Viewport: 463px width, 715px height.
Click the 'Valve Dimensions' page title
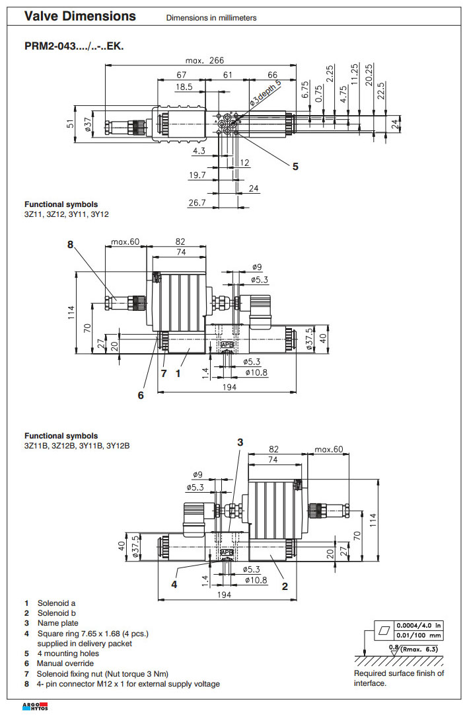click(x=80, y=17)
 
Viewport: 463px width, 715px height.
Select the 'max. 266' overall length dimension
click(x=205, y=60)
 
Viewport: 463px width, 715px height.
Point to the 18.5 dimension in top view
click(x=184, y=87)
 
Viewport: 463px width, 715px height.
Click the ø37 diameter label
click(x=89, y=123)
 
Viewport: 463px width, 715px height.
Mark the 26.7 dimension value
click(x=197, y=203)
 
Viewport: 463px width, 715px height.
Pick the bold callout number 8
click(x=71, y=244)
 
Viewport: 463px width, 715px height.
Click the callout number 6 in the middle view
click(x=141, y=396)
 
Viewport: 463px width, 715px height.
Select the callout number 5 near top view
click(x=295, y=166)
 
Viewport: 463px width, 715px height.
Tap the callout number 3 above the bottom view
click(x=240, y=442)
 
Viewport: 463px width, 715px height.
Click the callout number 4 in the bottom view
click(x=174, y=584)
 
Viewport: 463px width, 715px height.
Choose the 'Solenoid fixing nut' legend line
click(x=106, y=673)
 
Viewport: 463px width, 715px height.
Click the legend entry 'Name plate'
click(x=57, y=623)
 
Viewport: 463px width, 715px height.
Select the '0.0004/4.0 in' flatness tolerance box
click(x=417, y=625)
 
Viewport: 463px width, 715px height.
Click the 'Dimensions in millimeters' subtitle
click(x=211, y=18)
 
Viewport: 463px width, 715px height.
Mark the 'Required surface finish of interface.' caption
click(x=399, y=678)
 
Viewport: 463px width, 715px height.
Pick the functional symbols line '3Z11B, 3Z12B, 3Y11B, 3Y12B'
click(x=77, y=446)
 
